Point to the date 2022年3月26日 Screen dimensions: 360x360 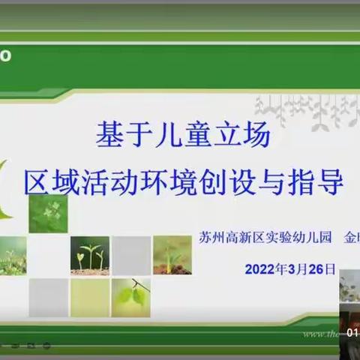[x=289, y=268]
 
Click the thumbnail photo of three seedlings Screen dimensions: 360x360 [x=89, y=255]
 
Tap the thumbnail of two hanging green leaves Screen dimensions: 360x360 [x=131, y=297]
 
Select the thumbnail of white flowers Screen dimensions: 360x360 [x=48, y=213]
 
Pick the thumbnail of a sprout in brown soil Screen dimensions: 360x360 [x=172, y=255]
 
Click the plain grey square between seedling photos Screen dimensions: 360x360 [x=131, y=255]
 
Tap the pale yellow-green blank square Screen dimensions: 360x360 [x=89, y=297]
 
